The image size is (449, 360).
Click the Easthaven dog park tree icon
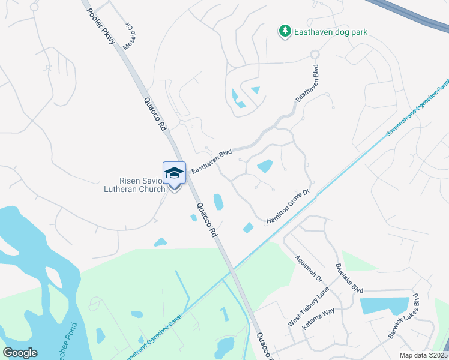285,31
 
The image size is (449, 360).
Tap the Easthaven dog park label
331,32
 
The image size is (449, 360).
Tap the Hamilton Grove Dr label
288,207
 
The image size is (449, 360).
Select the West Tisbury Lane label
309,306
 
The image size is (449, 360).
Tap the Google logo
20,353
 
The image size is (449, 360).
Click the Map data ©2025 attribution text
424,355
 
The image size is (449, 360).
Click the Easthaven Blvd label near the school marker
211,162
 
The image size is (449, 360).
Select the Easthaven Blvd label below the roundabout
307,89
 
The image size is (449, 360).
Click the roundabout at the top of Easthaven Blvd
313,54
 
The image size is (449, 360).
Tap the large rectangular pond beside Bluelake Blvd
384,306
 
